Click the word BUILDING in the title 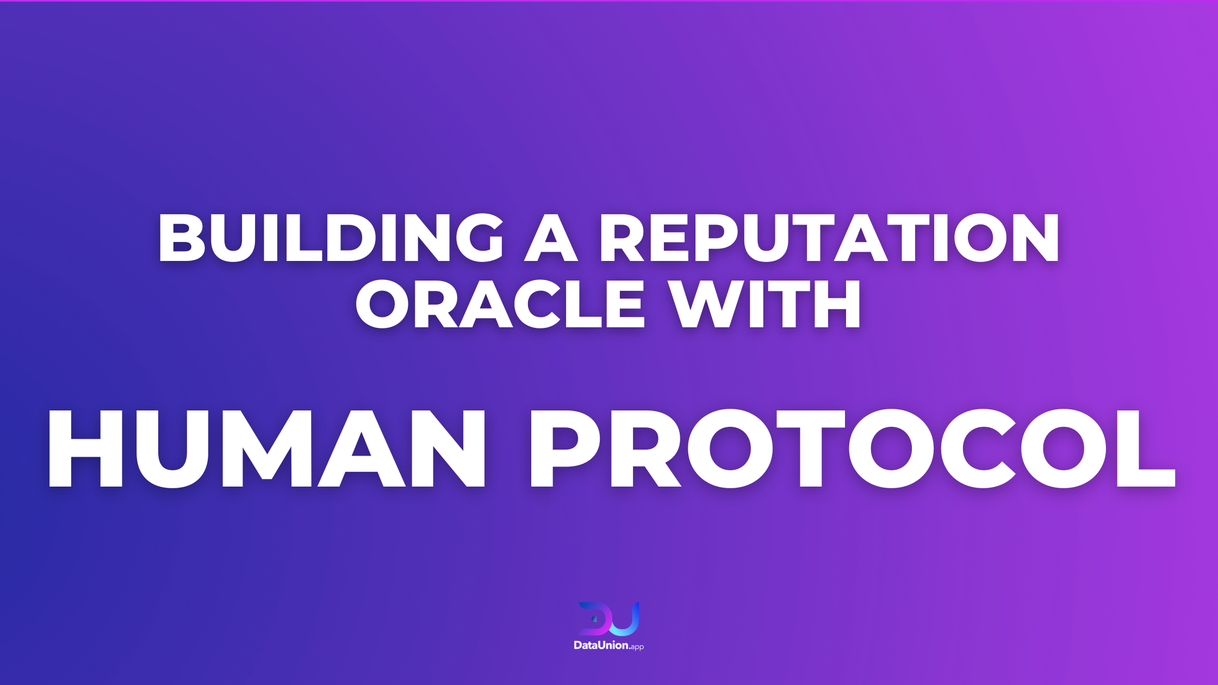331,237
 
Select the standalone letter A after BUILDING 551,237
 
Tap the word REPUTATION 829,237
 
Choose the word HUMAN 266,449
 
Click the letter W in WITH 704,304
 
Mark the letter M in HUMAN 266,449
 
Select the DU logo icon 609,619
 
